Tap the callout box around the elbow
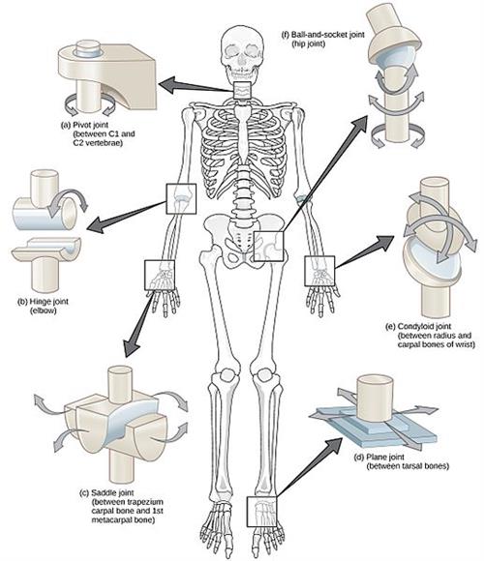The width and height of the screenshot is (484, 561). (181, 197)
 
